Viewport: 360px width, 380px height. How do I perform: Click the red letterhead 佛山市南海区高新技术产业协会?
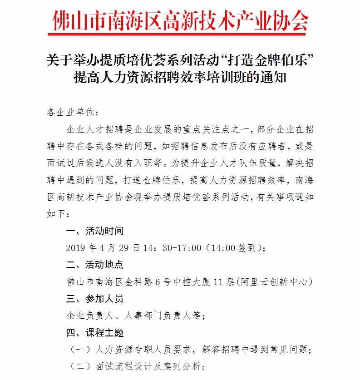click(180, 19)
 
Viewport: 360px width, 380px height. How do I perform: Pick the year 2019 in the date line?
click(75, 248)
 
